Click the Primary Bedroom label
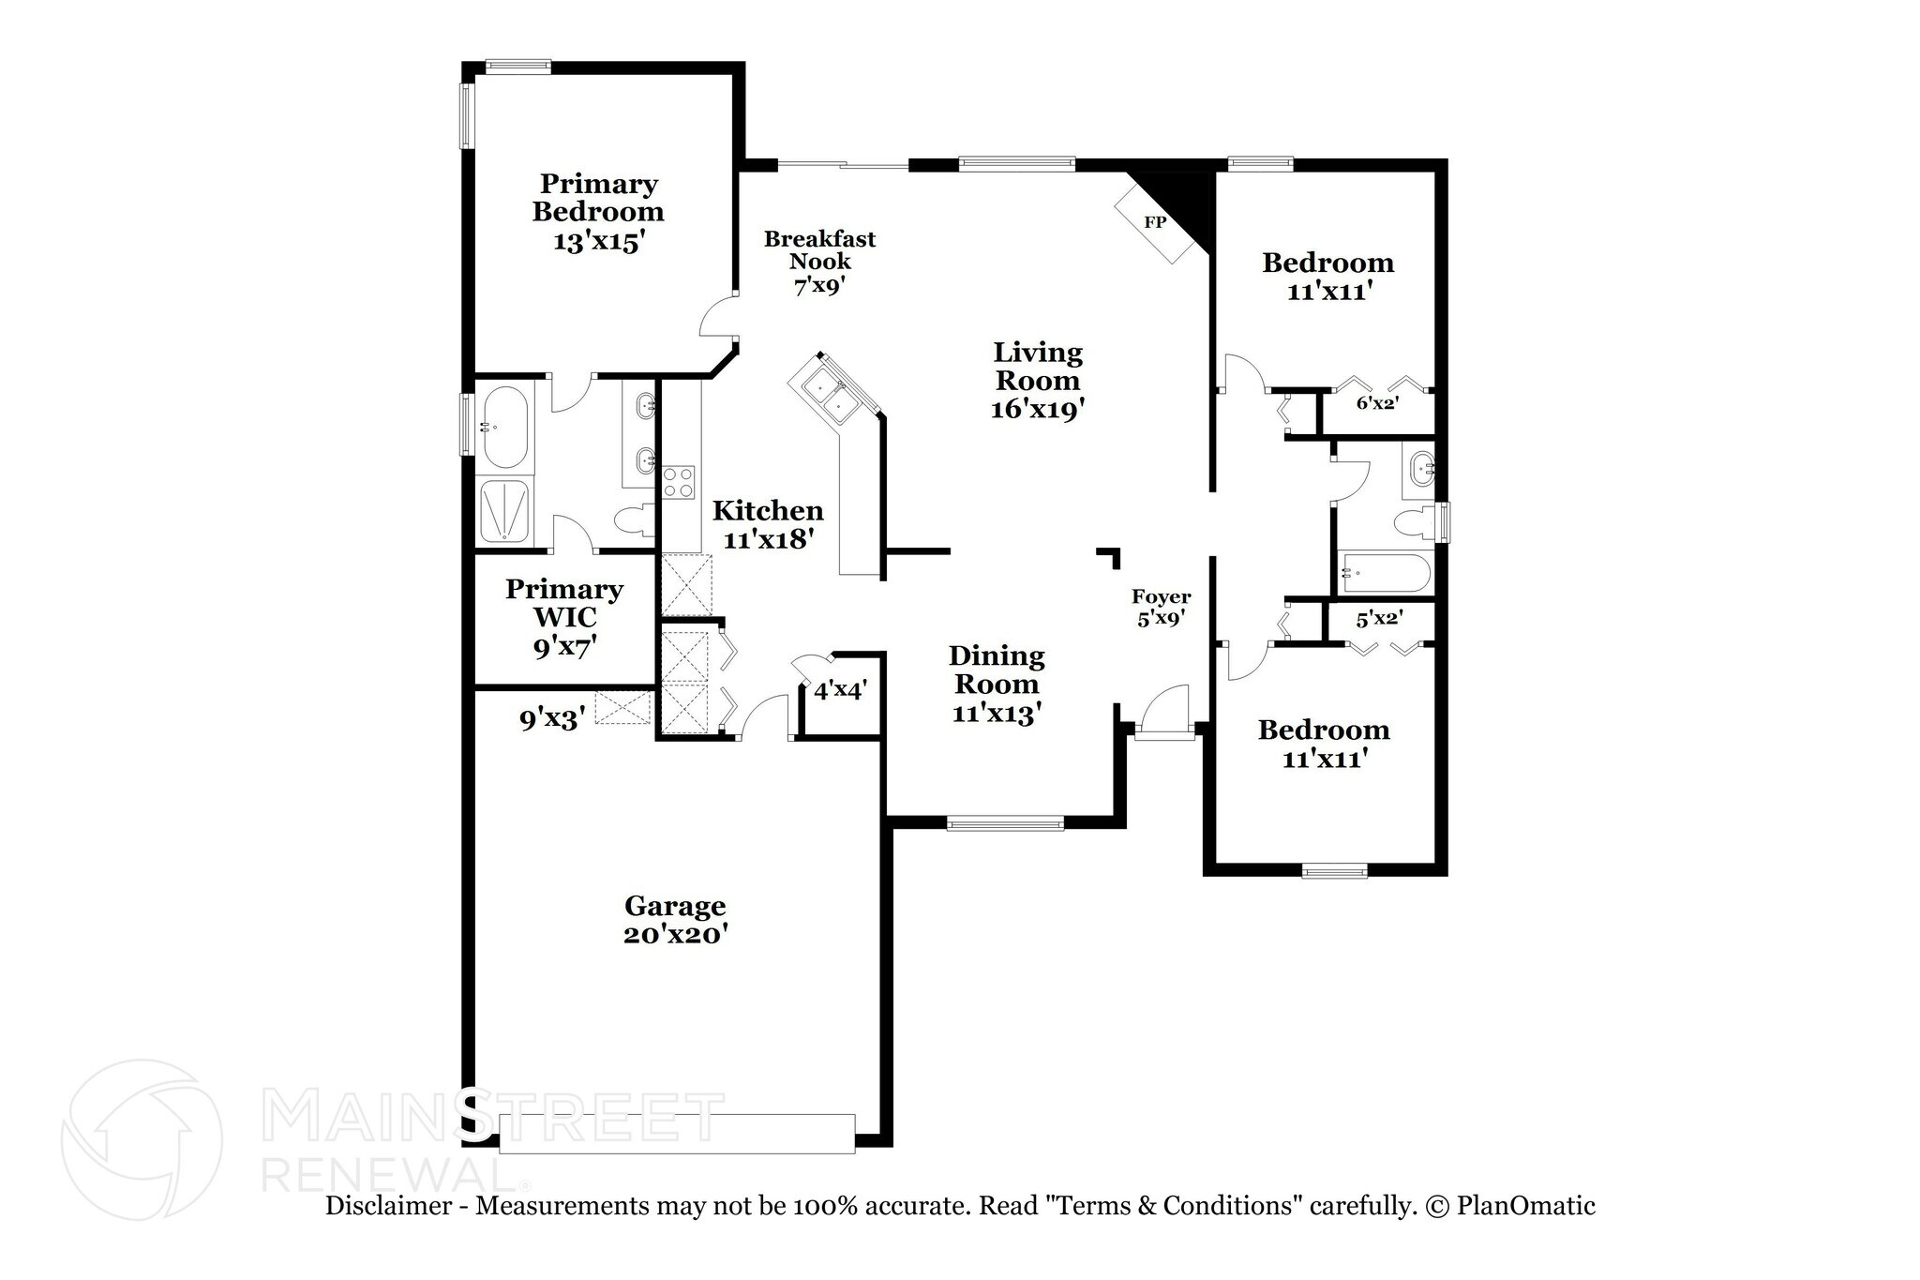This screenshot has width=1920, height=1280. pos(597,198)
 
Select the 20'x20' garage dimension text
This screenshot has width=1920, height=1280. pos(675,935)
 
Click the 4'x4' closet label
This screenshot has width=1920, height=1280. pos(839,691)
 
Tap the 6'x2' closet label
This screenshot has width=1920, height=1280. pos(1377,403)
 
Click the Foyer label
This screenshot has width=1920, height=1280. pos(1161,597)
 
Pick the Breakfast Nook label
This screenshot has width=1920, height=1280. pos(819,250)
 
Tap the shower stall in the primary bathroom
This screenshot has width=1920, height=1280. pos(505,511)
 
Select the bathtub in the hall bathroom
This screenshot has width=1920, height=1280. pos(1384,571)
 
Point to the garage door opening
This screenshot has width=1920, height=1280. pos(677,1133)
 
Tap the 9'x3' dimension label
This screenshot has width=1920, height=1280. pos(553,719)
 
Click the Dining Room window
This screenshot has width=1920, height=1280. pos(1005,824)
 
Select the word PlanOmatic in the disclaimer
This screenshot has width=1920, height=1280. pos(1525,1206)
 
